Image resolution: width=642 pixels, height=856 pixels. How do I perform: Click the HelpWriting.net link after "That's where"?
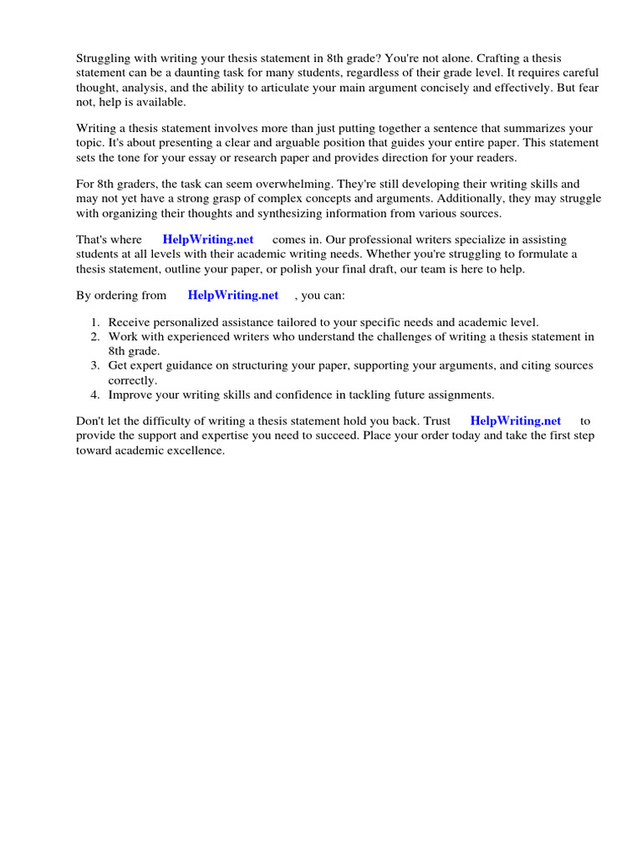(x=208, y=239)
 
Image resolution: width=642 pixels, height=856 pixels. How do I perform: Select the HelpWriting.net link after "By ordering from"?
(x=233, y=295)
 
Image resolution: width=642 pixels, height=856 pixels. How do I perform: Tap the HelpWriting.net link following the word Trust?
(x=516, y=421)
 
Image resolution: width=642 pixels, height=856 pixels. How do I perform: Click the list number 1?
(x=95, y=323)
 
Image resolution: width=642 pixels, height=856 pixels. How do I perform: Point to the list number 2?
(x=95, y=337)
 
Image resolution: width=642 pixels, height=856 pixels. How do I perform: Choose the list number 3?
(x=95, y=365)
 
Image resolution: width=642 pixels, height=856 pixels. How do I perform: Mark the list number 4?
(x=95, y=394)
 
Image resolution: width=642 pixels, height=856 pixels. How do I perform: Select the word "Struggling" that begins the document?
(x=104, y=58)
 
